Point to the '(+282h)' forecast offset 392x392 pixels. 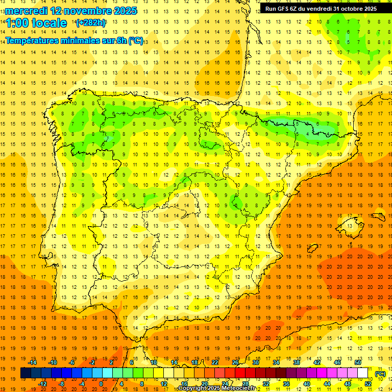coord(90,23)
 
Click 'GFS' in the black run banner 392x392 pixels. coord(286,9)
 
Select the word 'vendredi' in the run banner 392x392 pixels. coord(317,9)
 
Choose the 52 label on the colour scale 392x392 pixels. coord(368,384)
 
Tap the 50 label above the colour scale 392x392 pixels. coord(358,362)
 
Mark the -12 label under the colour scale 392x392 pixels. coord(43,384)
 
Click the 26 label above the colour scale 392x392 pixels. coord(235,362)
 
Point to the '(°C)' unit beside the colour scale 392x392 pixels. coord(380,374)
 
